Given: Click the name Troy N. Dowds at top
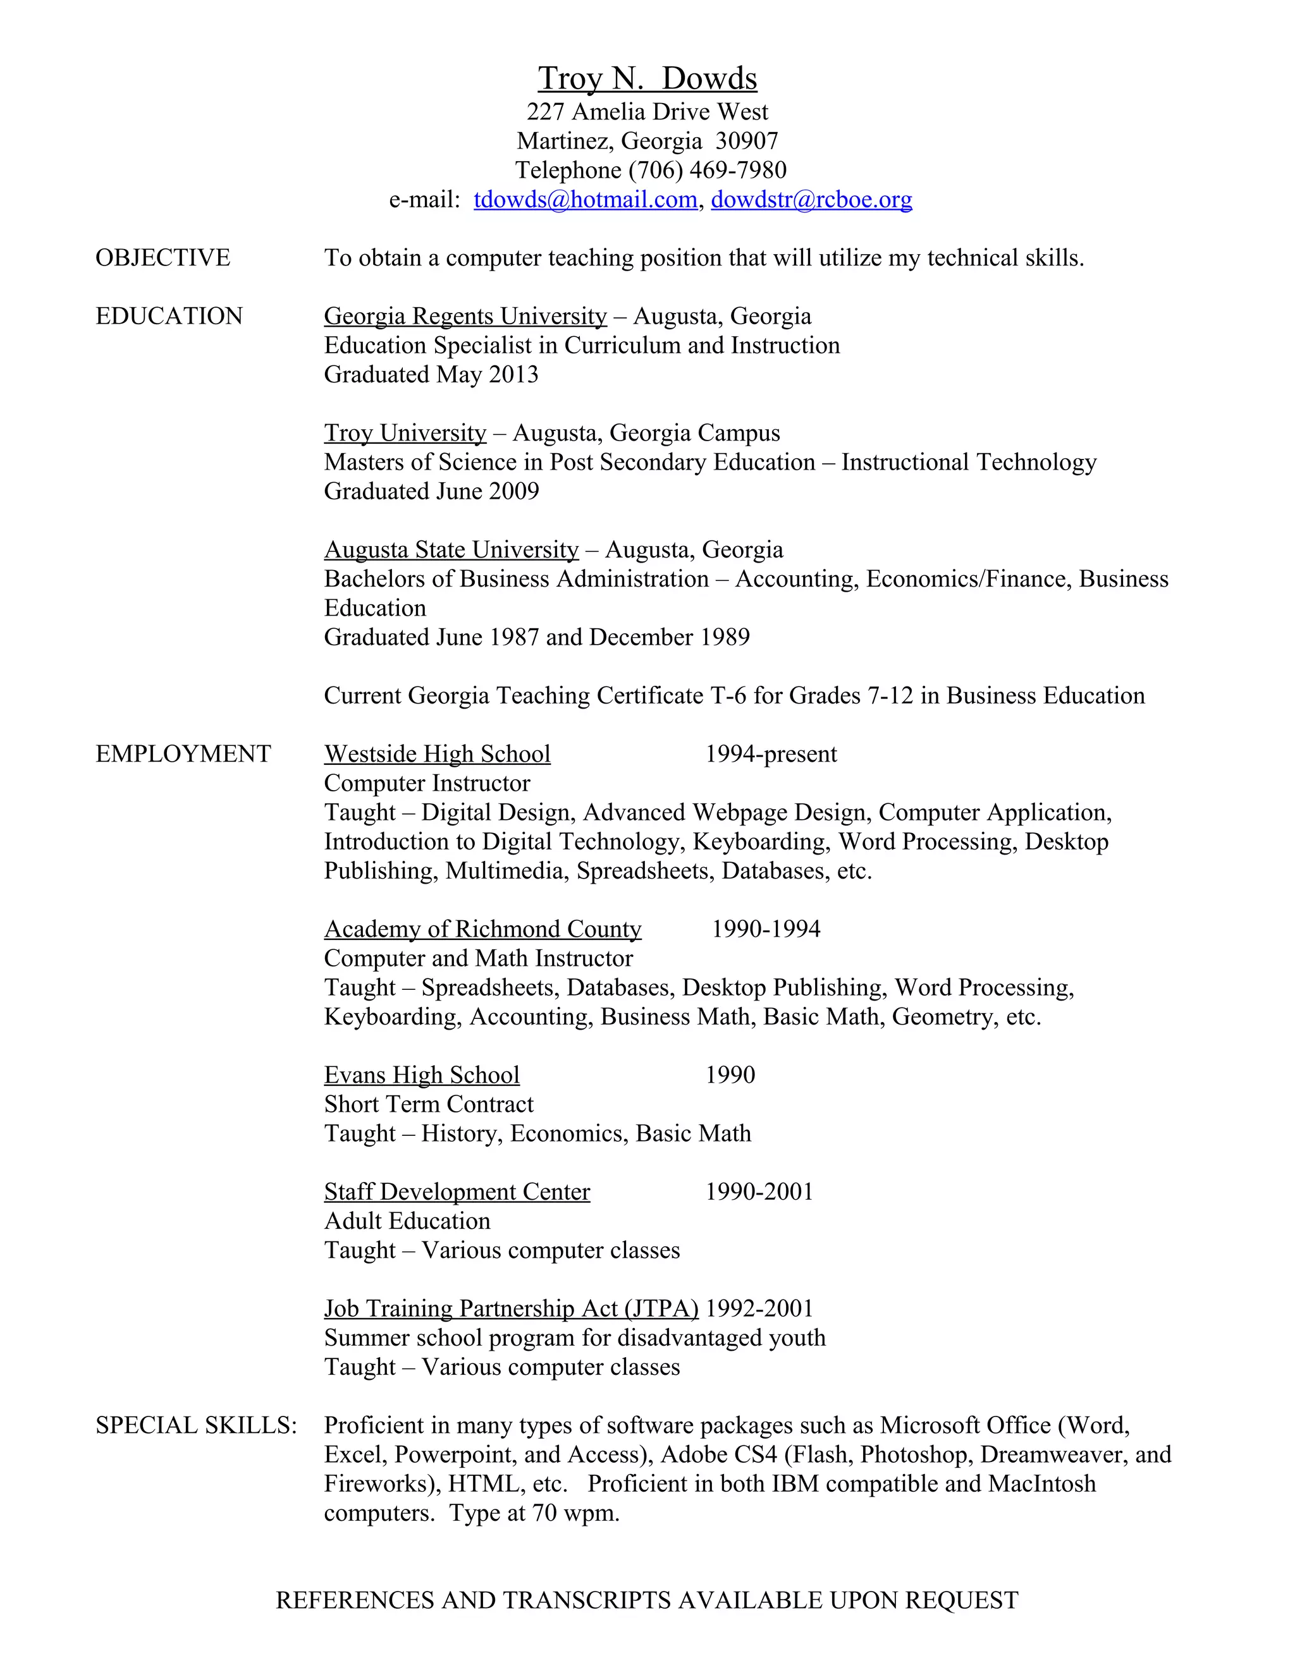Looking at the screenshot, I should point(647,78).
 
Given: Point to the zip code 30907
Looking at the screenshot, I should point(747,141).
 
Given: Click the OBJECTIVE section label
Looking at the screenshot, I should point(163,258).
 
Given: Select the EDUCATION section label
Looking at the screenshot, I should point(169,316).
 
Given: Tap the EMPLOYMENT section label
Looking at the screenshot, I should point(183,754).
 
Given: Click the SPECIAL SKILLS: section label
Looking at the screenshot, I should point(195,1425).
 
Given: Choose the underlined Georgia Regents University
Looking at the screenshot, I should point(465,316).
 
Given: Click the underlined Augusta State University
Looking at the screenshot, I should point(451,550).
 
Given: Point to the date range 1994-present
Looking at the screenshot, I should point(771,754).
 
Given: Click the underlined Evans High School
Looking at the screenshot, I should point(422,1075).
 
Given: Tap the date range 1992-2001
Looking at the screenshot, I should point(759,1308).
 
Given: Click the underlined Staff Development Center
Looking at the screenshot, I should point(457,1192).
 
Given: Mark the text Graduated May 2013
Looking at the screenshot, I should point(431,374).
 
